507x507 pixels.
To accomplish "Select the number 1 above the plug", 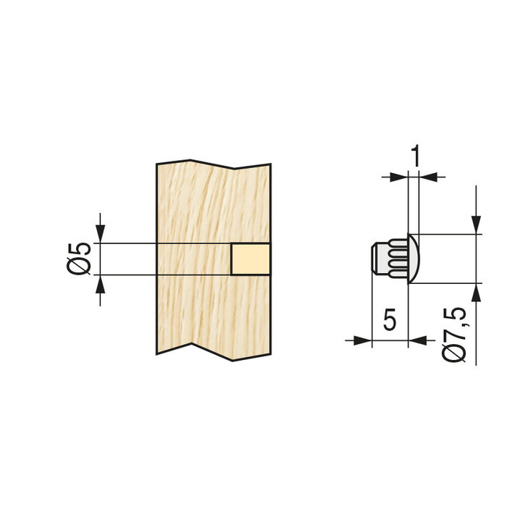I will [x=415, y=154].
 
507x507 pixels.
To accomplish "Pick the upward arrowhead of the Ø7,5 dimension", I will [x=476, y=291].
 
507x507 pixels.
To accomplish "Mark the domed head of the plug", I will [x=412, y=259].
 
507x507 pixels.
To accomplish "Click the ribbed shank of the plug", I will [x=394, y=259].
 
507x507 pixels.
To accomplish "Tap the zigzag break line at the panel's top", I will [x=214, y=164].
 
